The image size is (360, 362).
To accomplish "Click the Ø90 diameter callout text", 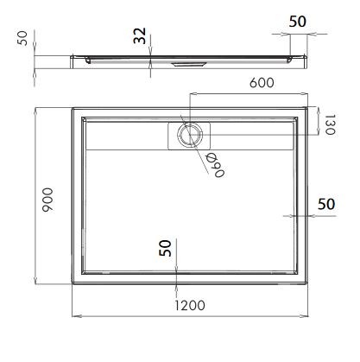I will pyautogui.click(x=212, y=161).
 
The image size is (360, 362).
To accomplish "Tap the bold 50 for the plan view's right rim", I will pyautogui.click(x=326, y=205).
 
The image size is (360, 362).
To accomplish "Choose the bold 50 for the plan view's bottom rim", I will pyautogui.click(x=164, y=249).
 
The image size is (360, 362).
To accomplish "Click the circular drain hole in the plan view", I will pyautogui.click(x=187, y=134).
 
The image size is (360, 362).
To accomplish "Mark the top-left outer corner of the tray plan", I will pyautogui.click(x=73, y=108).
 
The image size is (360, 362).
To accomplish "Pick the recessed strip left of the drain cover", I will pyautogui.click(x=124, y=135).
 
